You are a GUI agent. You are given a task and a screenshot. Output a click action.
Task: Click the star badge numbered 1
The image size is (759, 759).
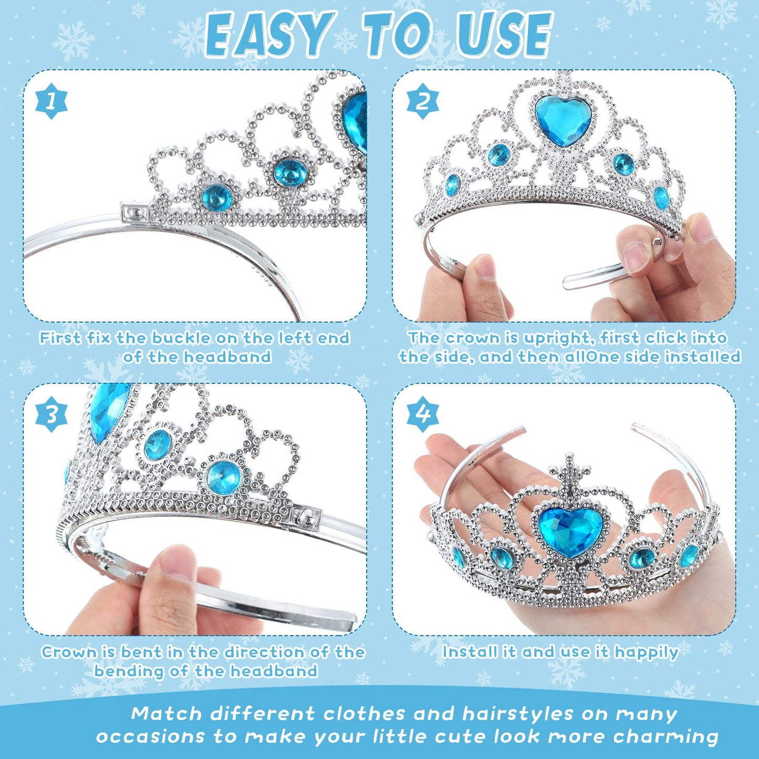click(51, 101)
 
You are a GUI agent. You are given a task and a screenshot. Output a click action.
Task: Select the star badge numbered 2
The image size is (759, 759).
click(423, 101)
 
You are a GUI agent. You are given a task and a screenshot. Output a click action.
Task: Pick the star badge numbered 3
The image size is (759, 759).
click(51, 414)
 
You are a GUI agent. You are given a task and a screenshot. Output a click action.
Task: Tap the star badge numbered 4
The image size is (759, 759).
click(423, 414)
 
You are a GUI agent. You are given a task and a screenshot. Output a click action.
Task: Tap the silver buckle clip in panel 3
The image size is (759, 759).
click(307, 518)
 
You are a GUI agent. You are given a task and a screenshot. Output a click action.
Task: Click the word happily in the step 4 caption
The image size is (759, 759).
click(647, 652)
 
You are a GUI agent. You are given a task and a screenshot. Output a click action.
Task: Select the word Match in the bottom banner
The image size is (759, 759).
click(167, 714)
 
